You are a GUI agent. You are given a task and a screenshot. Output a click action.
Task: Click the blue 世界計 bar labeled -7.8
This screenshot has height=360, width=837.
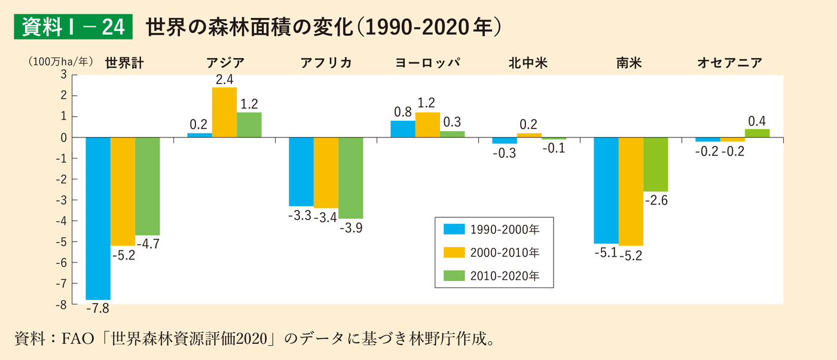98,218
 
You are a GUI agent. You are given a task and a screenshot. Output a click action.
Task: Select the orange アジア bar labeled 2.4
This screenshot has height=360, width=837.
224,112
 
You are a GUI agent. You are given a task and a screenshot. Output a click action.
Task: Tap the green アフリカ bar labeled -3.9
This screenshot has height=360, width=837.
350,178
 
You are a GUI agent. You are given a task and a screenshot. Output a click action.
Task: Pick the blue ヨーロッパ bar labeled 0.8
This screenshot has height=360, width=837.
403,129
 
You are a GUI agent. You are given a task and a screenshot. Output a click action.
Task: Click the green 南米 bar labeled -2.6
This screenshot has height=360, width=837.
655,164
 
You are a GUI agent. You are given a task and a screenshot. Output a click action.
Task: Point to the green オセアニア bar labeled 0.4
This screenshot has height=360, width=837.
757,133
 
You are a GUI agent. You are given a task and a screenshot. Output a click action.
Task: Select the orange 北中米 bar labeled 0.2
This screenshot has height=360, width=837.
529,135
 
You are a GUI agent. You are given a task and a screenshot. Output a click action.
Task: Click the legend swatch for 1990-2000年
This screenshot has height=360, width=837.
454,228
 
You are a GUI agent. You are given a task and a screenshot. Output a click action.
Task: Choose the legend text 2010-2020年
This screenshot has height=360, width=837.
505,276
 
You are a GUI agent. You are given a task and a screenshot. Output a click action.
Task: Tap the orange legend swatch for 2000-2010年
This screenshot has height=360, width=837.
454,252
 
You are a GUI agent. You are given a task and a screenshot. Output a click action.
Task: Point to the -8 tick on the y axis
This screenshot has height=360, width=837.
62,305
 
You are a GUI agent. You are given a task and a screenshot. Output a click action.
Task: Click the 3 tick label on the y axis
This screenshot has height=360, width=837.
63,75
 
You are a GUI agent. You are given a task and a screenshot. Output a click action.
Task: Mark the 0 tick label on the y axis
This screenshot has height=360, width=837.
63,138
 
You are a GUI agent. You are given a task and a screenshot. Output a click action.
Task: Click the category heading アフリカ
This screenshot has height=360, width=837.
326,62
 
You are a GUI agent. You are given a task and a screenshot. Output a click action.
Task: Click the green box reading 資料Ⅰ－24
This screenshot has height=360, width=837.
73,28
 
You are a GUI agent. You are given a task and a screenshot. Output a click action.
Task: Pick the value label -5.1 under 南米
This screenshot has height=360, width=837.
606,252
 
